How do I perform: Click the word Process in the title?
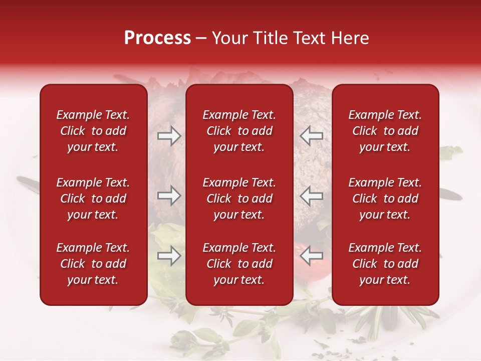pyautogui.click(x=157, y=38)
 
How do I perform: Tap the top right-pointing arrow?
pyautogui.click(x=169, y=135)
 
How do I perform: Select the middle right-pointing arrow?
pyautogui.click(x=169, y=196)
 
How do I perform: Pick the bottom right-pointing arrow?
pyautogui.click(x=169, y=256)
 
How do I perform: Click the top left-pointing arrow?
pyautogui.click(x=312, y=135)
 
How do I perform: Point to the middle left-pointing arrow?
pyautogui.click(x=312, y=196)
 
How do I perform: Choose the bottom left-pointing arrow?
pyautogui.click(x=312, y=256)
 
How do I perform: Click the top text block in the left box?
pyautogui.click(x=93, y=131)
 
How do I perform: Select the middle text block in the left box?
pyautogui.click(x=93, y=199)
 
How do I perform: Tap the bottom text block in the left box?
pyautogui.click(x=93, y=264)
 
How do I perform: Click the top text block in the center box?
pyautogui.click(x=239, y=131)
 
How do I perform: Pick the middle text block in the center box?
pyautogui.click(x=239, y=199)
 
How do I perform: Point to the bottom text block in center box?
pyautogui.click(x=239, y=264)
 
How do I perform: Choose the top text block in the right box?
pyautogui.click(x=385, y=131)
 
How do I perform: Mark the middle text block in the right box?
pyautogui.click(x=385, y=199)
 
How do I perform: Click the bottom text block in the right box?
pyautogui.click(x=385, y=264)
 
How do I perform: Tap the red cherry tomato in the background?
pyautogui.click(x=299, y=249)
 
